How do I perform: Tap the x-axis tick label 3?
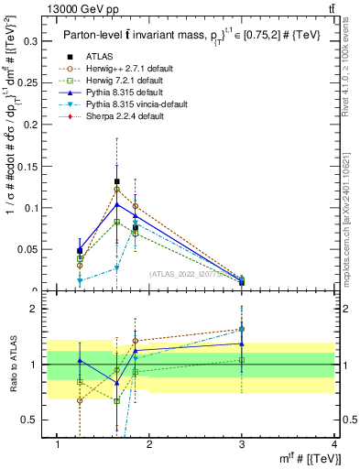coord(242,444)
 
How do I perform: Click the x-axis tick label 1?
coord(58,444)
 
